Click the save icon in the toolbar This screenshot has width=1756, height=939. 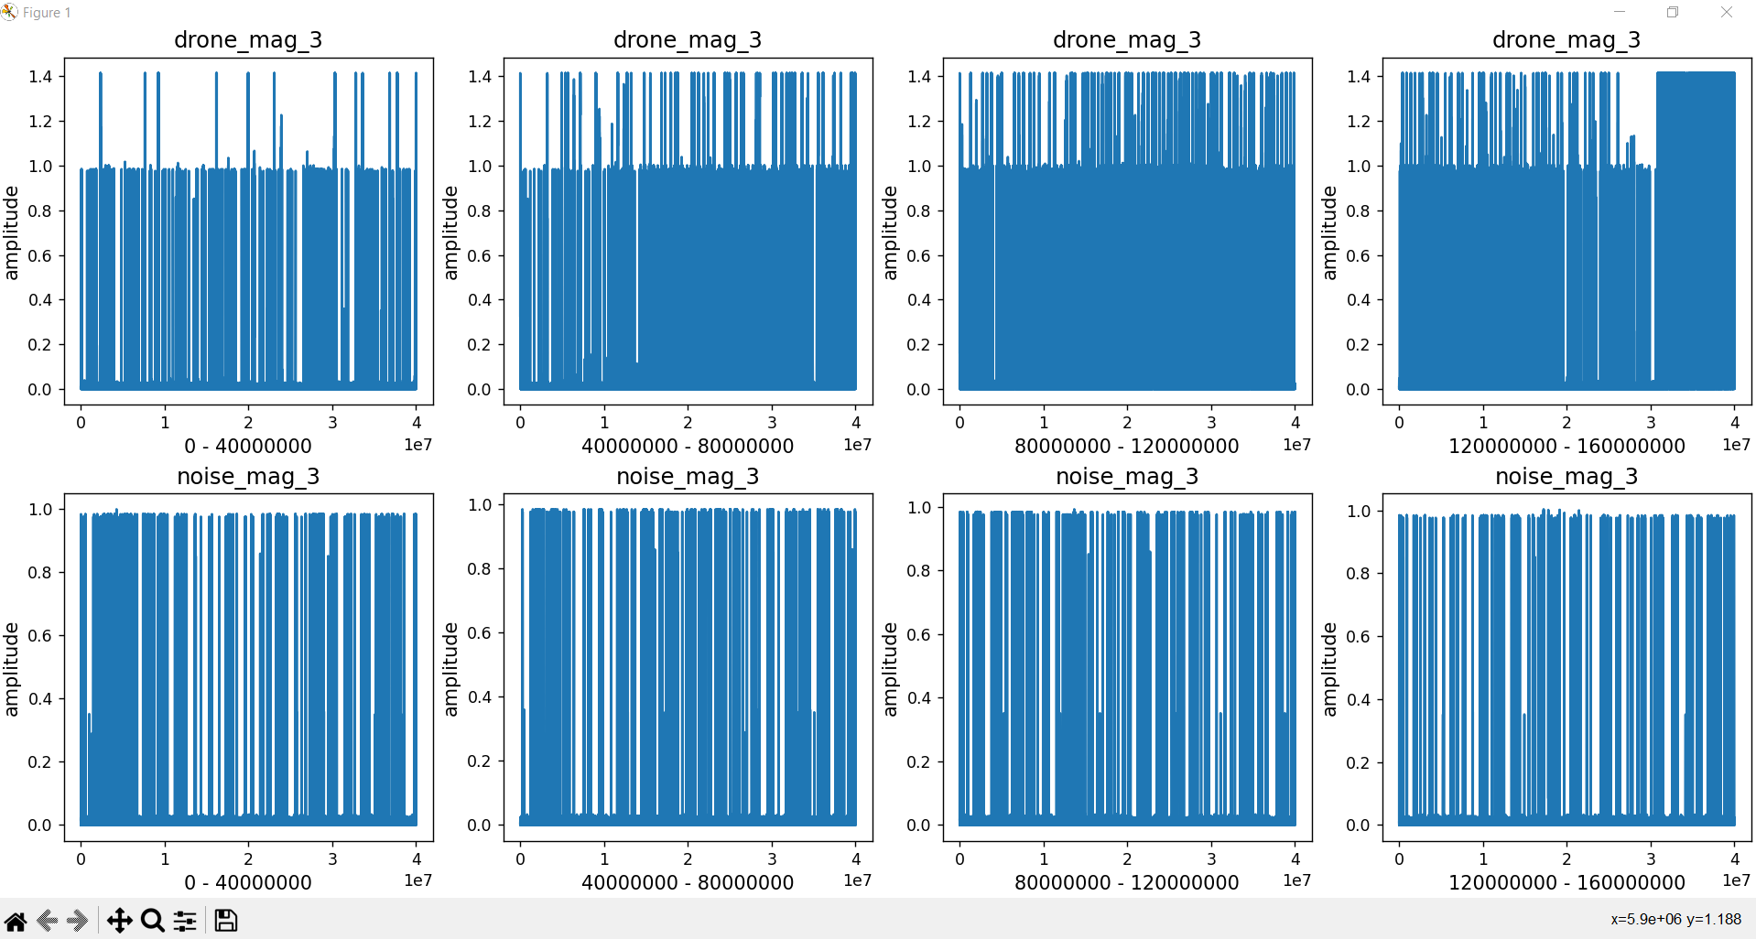coord(225,920)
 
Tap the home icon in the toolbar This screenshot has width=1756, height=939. coord(16,920)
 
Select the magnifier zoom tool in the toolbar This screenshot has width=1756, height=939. coord(153,920)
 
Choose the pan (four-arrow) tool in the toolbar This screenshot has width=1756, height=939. coord(119,920)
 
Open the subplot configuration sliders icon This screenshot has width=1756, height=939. coord(186,920)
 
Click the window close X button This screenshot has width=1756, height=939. coord(1727,12)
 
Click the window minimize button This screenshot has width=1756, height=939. coord(1620,12)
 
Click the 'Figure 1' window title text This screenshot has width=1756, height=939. coord(47,13)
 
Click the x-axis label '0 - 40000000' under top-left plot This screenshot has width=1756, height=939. coord(248,446)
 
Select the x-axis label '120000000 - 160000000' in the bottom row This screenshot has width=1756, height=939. coord(1566,882)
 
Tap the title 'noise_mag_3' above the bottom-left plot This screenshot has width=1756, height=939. coord(248,476)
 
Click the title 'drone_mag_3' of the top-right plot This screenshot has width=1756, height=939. coord(1566,39)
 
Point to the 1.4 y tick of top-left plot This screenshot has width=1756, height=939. coord(40,76)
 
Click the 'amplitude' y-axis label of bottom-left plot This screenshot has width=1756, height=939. coord(11,669)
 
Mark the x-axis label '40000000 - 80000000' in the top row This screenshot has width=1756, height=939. coord(688,446)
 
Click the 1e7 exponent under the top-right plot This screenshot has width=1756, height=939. coord(1736,445)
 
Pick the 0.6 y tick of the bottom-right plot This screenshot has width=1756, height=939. coord(1359,636)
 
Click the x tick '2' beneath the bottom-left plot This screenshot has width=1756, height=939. coord(248,859)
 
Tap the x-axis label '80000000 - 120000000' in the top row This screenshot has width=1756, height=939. coord(1127,446)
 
